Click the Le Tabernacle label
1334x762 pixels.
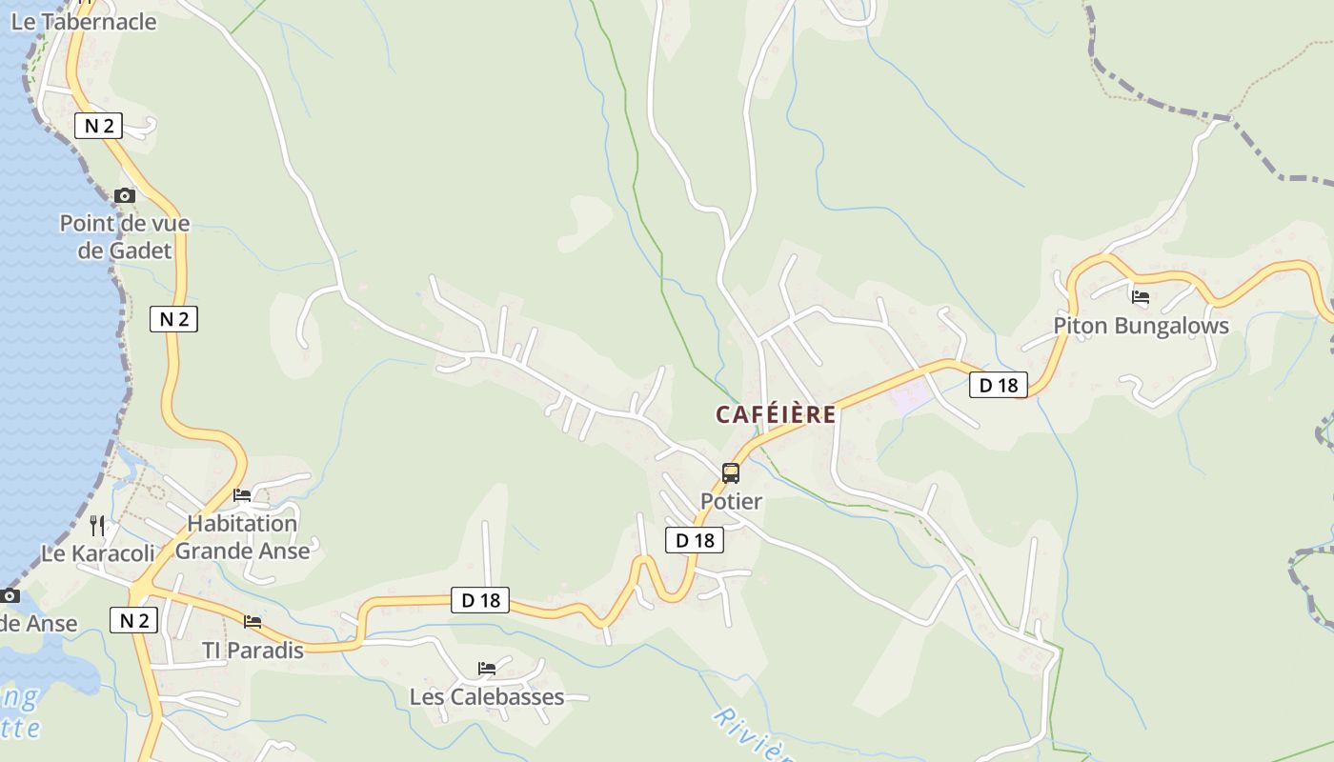(x=84, y=22)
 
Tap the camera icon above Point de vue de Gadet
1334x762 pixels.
(x=125, y=196)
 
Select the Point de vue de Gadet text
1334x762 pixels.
(x=125, y=237)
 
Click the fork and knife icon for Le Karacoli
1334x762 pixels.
(x=97, y=525)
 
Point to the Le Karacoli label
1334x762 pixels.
(x=97, y=553)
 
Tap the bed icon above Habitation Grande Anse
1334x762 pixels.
(x=242, y=495)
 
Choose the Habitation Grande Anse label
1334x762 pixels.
(x=242, y=537)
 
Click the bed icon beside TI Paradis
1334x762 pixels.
(x=253, y=622)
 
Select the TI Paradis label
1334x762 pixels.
(x=253, y=651)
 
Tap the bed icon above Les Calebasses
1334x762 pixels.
(x=487, y=669)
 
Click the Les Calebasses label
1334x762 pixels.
(x=487, y=697)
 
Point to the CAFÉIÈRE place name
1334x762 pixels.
(x=776, y=415)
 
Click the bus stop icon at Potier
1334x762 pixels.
(x=731, y=472)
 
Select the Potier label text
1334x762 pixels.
(x=731, y=501)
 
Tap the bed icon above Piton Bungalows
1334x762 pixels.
(x=1141, y=297)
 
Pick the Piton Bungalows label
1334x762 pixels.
(x=1141, y=326)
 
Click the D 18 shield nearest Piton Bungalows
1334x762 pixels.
(x=999, y=385)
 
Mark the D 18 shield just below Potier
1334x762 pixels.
(x=695, y=541)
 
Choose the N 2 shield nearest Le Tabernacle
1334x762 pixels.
(x=98, y=126)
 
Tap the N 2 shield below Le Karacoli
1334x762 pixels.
(x=133, y=620)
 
